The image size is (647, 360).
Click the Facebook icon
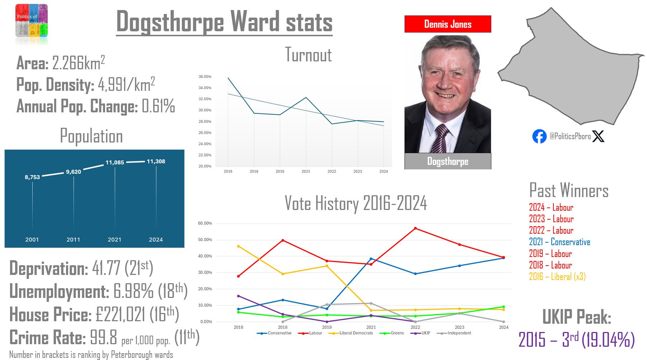tap(539, 136)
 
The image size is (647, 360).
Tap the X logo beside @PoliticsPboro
tap(598, 136)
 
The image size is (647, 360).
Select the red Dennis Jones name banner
tap(448, 24)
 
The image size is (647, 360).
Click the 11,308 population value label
tap(156, 162)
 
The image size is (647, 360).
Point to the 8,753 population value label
tap(32, 177)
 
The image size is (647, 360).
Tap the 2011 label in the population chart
tap(73, 239)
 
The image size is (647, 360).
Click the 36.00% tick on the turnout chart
tap(205, 76)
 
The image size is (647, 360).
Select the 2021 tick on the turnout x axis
tap(306, 171)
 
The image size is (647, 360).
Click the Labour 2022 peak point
tap(415, 228)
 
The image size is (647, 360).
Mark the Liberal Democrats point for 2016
tap(239, 246)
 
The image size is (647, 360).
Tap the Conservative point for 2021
tap(371, 259)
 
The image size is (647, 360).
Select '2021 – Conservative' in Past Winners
tap(559, 242)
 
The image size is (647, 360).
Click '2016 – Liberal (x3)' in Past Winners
tap(557, 276)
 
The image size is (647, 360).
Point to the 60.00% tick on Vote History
tap(205, 223)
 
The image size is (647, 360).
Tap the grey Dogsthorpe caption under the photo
tap(448, 162)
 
